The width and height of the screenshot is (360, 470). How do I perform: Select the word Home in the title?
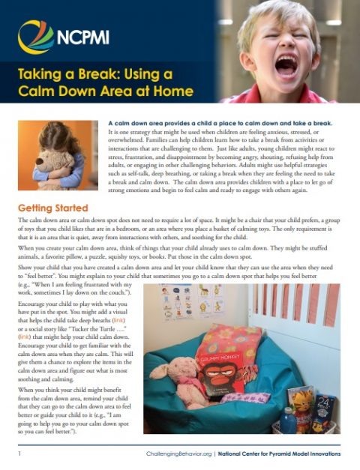(172, 92)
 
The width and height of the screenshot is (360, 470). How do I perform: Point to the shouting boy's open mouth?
(289, 66)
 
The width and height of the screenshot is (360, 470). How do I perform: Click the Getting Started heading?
(53, 208)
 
